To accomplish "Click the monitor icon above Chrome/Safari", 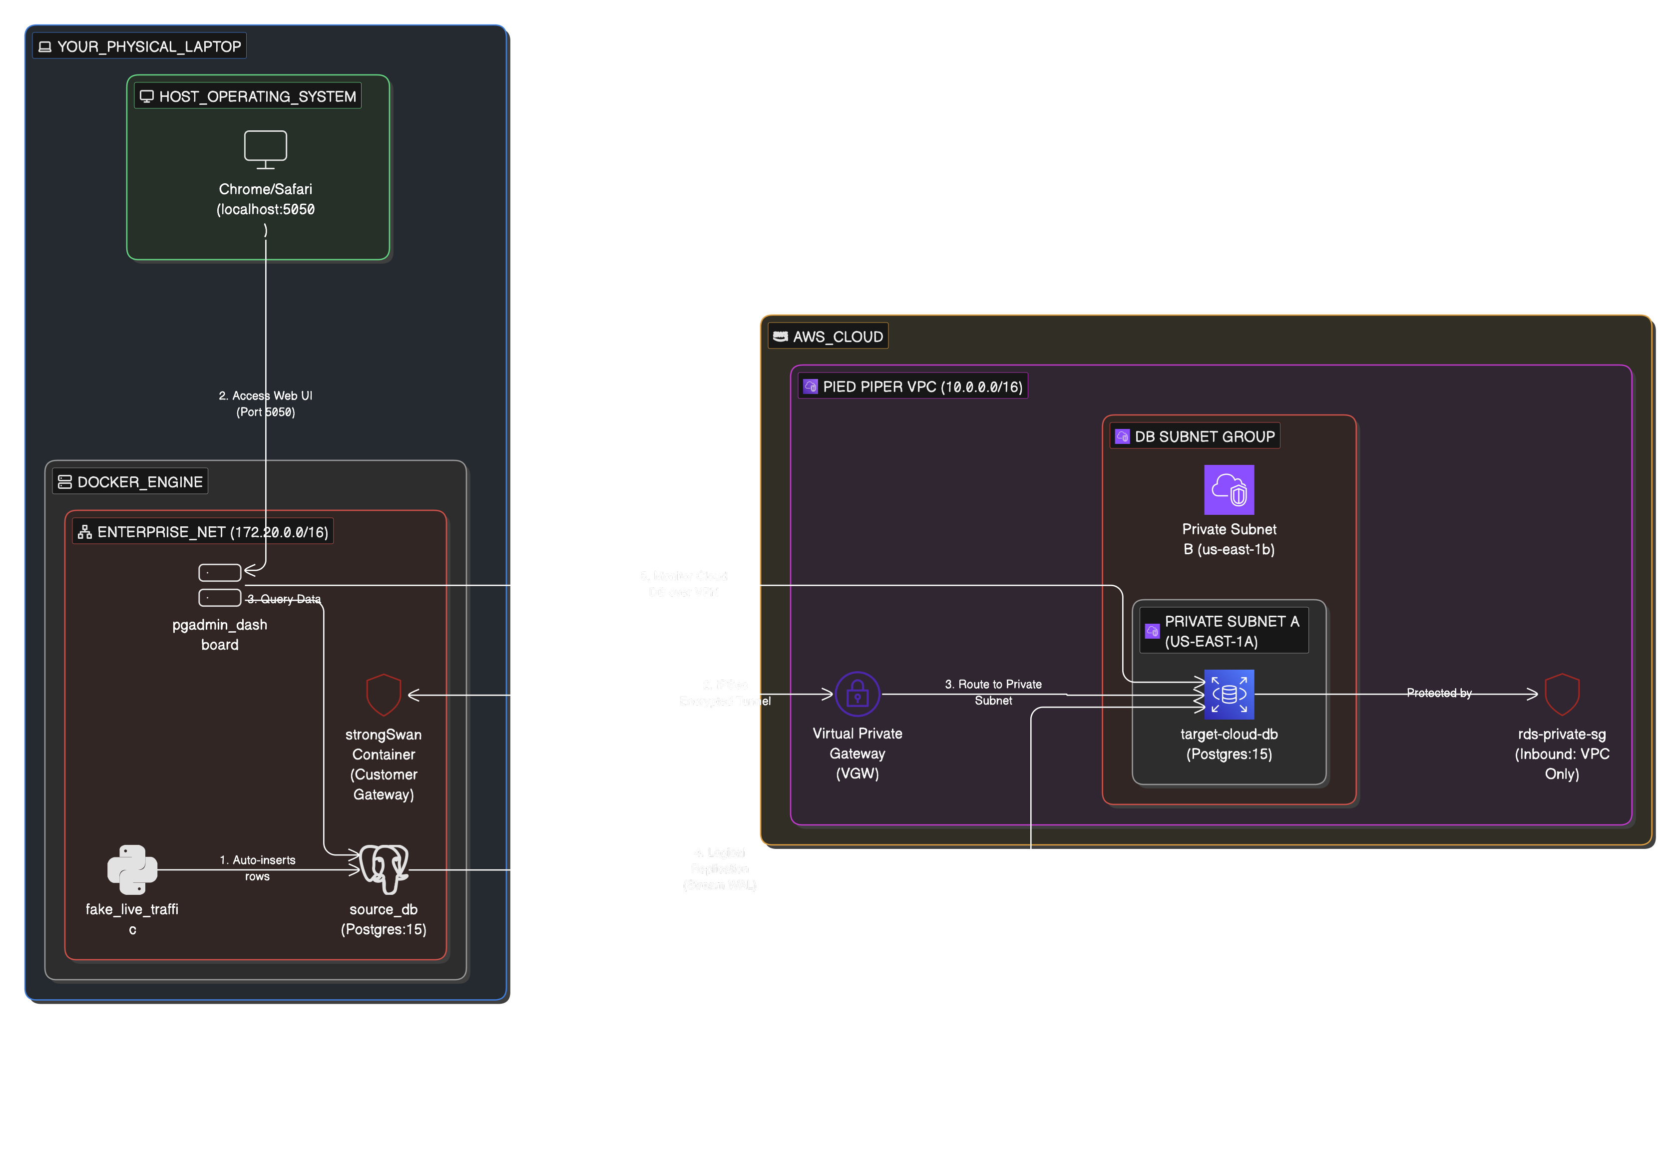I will tap(266, 149).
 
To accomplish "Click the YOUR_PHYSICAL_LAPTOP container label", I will tap(140, 46).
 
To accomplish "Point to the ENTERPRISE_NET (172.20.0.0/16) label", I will tap(204, 532).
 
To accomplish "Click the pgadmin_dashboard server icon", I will tap(220, 585).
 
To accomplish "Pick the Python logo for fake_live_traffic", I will tap(132, 869).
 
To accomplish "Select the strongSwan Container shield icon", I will tap(384, 695).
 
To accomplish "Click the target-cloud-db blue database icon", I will tap(1229, 694).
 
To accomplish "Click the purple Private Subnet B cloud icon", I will tap(1229, 489).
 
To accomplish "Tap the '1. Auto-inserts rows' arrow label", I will tap(258, 868).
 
